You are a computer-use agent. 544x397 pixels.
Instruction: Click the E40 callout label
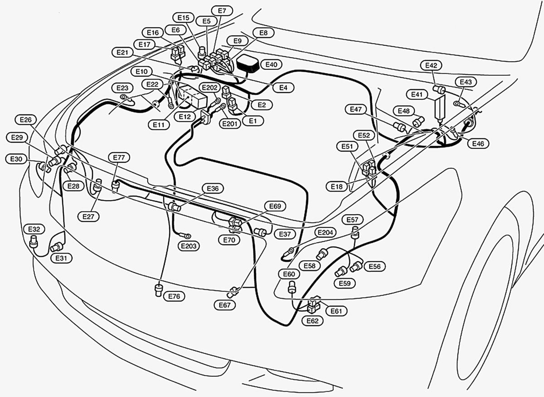pyautogui.click(x=271, y=65)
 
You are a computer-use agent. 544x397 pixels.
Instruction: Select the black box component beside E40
pyautogui.click(x=248, y=64)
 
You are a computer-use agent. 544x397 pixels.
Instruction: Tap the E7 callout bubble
pyautogui.click(x=222, y=11)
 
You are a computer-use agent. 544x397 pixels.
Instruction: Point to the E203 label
pyautogui.click(x=189, y=246)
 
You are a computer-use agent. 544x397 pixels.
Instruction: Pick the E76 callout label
pyautogui.click(x=174, y=296)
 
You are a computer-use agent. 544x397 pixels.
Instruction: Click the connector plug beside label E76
pyautogui.click(x=159, y=290)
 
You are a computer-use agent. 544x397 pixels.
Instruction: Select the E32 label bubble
pyautogui.click(x=34, y=229)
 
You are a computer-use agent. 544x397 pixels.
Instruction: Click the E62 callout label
pyautogui.click(x=312, y=321)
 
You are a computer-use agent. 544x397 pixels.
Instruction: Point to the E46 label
pyautogui.click(x=478, y=144)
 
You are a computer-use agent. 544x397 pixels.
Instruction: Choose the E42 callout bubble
pyautogui.click(x=431, y=65)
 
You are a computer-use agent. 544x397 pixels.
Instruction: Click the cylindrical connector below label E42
pyautogui.click(x=439, y=89)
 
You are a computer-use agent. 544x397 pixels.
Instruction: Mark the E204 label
pyautogui.click(x=325, y=233)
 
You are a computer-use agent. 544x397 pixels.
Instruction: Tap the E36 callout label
pyautogui.click(x=213, y=188)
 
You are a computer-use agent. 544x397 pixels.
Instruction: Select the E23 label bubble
pyautogui.click(x=122, y=88)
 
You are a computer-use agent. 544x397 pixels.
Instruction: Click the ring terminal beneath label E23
pyautogui.click(x=124, y=97)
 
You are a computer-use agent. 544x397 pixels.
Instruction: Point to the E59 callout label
pyautogui.click(x=345, y=283)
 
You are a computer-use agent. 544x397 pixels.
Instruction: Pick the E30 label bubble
pyautogui.click(x=16, y=159)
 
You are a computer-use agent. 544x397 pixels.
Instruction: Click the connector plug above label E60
pyautogui.click(x=291, y=288)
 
